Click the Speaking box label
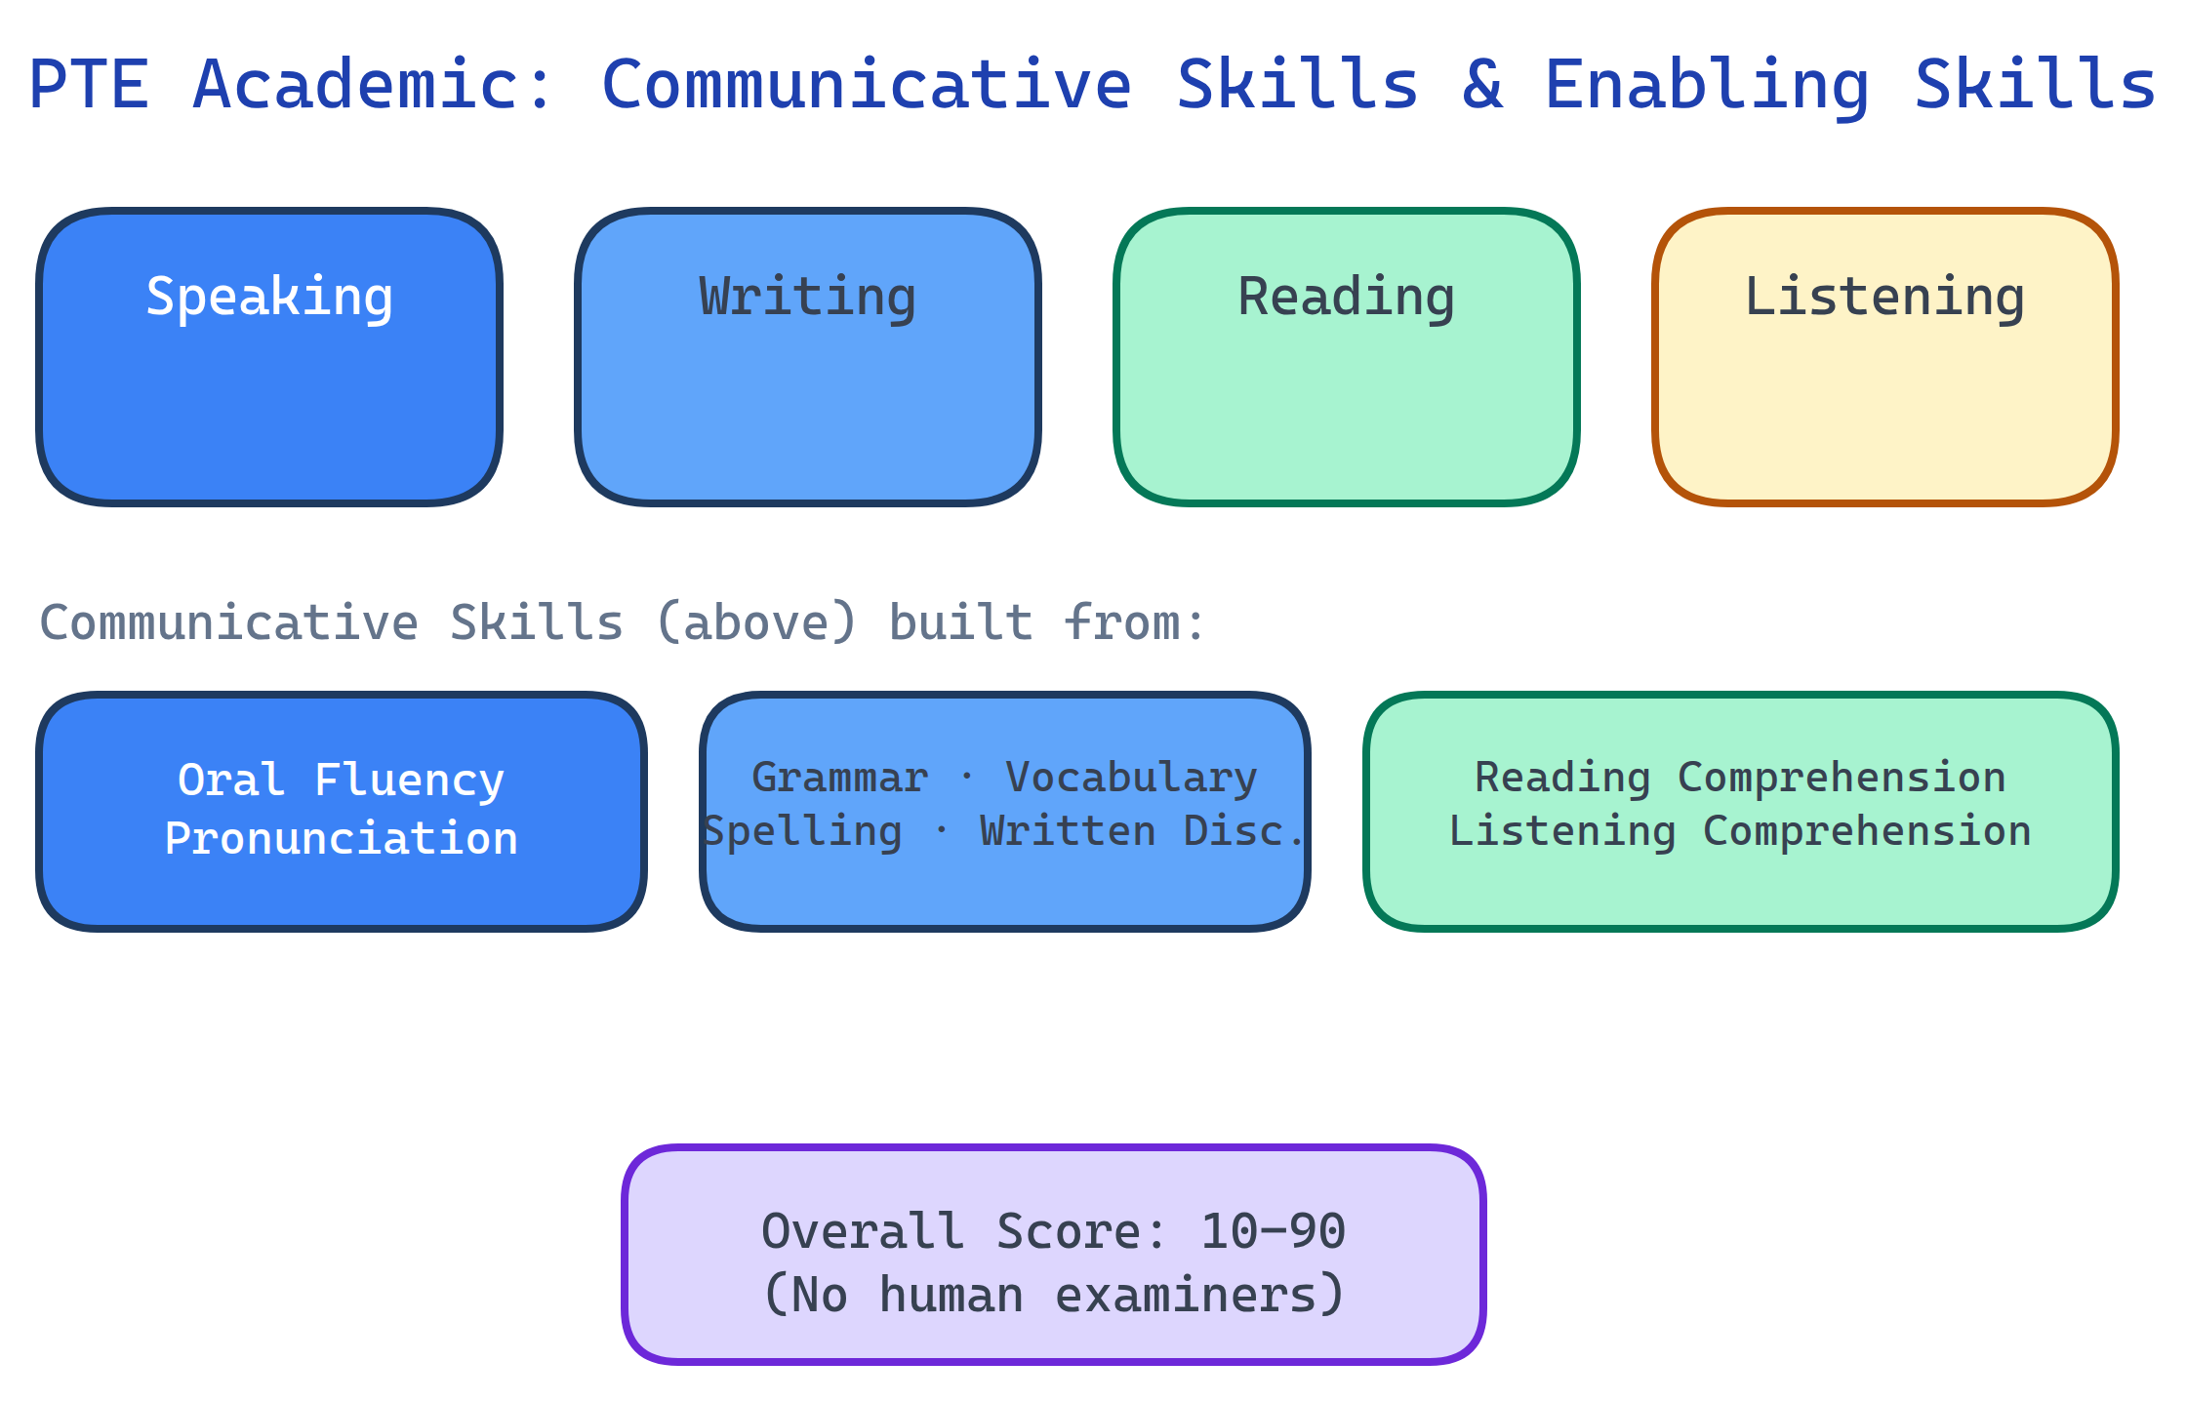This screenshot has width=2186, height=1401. coord(269,297)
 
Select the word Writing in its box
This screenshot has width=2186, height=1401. coord(808,297)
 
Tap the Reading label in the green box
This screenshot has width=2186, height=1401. coord(1347,297)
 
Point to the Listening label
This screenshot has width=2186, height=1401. coord(1884,297)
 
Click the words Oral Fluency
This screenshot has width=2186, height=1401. coord(342,780)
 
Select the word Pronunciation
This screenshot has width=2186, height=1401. coord(342,838)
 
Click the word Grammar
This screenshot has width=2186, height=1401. coord(839,778)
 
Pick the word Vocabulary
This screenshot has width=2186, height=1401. coord(1131,778)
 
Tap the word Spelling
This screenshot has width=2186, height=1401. coord(802,831)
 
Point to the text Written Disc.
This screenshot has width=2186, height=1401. coord(1142,831)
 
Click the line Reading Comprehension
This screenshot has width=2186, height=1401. coord(1740,778)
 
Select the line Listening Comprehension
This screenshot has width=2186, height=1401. coord(1740,831)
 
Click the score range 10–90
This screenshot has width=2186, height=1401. coord(1273,1231)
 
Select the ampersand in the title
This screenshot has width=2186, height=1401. coord(1481,85)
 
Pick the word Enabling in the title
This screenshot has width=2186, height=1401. coord(1707,85)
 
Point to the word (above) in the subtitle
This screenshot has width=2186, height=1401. coord(756,622)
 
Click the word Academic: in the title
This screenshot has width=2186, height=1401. coord(374,85)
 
